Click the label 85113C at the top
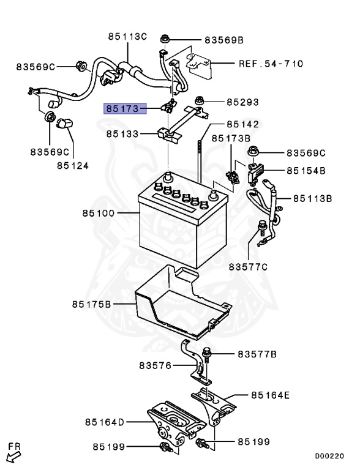point(127,37)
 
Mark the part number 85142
point(242,124)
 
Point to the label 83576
point(156,366)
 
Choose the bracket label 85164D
point(105,422)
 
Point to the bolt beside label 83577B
point(208,354)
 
